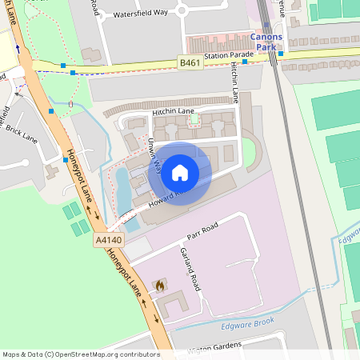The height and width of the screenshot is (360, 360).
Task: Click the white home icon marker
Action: [x=180, y=172]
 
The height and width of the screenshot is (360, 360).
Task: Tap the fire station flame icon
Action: [x=159, y=285]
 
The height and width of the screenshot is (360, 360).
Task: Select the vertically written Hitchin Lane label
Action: [x=236, y=83]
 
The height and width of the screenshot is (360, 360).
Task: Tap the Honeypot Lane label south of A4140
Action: [x=127, y=276]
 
